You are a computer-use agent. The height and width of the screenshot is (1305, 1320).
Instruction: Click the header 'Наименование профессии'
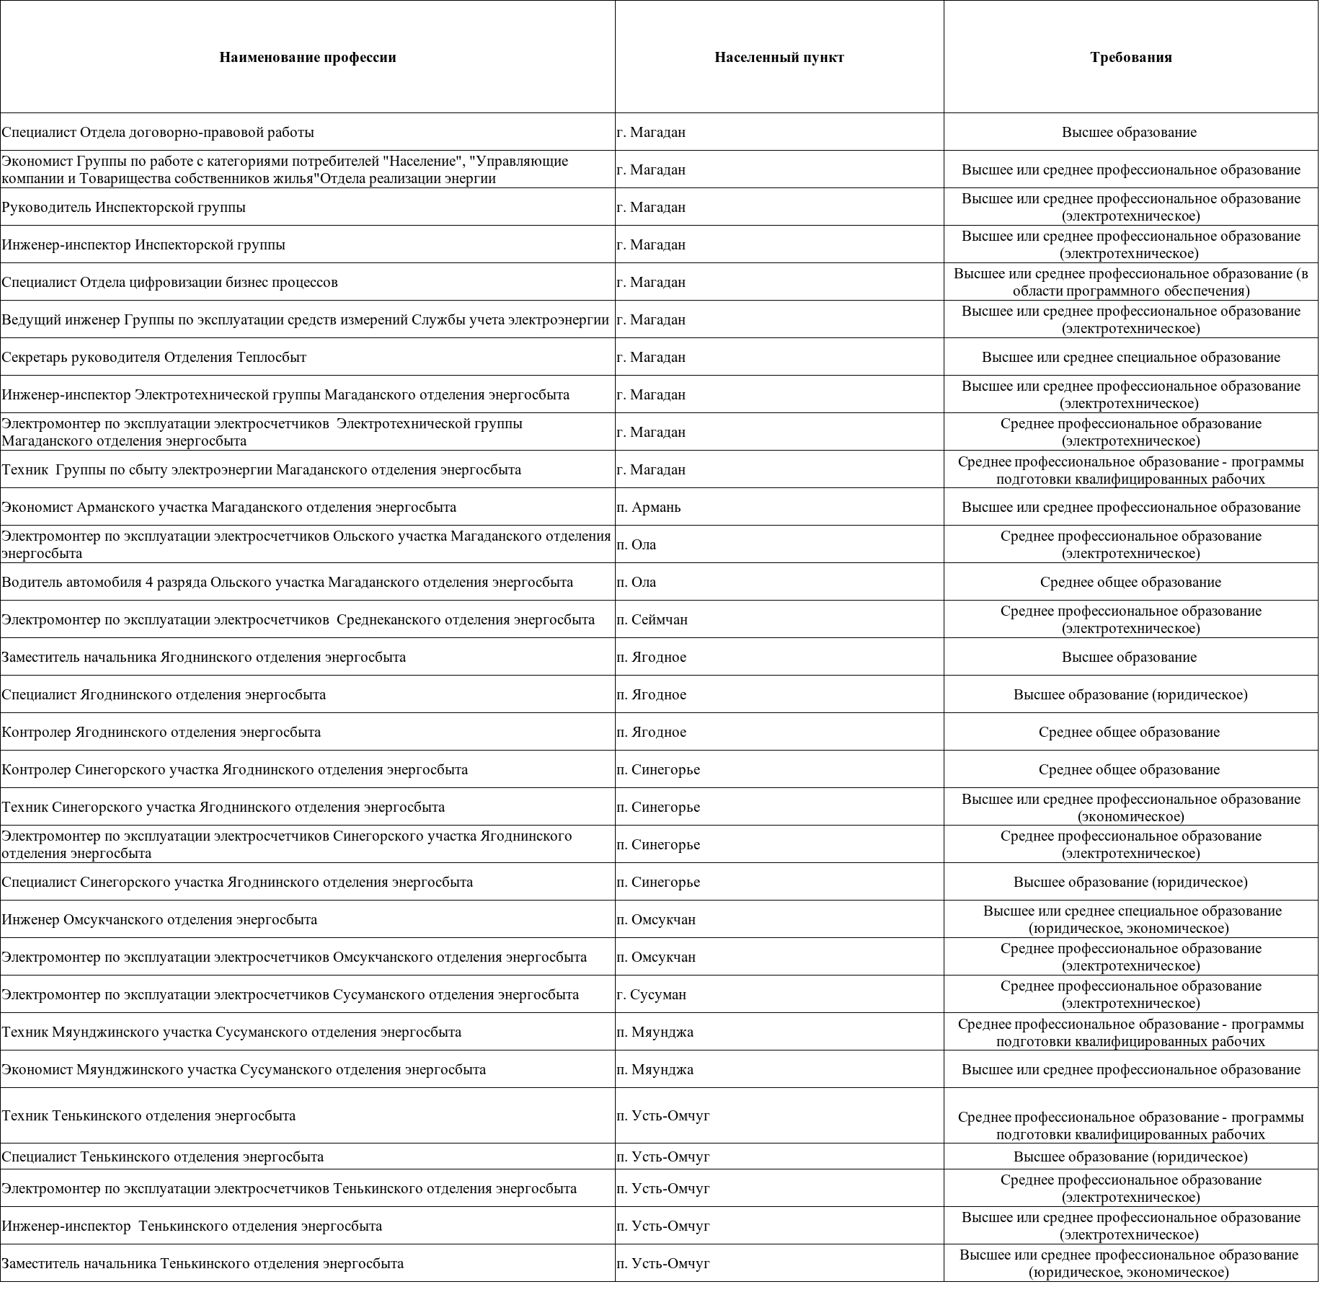tap(308, 58)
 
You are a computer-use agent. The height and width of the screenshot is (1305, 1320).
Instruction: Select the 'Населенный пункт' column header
tap(779, 58)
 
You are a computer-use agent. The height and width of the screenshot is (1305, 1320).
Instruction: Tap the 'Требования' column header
tap(1130, 58)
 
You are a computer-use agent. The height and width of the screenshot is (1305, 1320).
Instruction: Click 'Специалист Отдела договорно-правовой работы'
tap(158, 133)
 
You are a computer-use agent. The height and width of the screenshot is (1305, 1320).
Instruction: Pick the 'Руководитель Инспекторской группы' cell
tap(123, 208)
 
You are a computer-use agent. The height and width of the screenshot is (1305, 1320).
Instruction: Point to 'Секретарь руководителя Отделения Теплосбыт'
tap(154, 358)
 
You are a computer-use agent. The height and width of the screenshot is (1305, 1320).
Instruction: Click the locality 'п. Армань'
tap(648, 508)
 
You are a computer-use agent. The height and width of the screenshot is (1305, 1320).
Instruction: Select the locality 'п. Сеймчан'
tap(652, 620)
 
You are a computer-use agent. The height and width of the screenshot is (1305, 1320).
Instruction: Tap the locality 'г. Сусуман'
tap(651, 995)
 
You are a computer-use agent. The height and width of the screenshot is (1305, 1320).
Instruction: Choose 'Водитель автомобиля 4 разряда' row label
tap(287, 583)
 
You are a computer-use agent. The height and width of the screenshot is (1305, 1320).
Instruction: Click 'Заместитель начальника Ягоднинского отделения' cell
tap(203, 658)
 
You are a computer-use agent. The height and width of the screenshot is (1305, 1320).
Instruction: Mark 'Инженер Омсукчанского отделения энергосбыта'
tap(159, 920)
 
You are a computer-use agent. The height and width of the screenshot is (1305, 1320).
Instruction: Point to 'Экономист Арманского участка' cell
tap(229, 508)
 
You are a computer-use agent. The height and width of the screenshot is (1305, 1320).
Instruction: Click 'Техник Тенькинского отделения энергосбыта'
tap(149, 1116)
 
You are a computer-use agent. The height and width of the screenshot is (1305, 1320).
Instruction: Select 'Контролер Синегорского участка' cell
tap(234, 770)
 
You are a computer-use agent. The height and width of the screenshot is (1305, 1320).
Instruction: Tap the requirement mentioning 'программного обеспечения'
tap(1130, 283)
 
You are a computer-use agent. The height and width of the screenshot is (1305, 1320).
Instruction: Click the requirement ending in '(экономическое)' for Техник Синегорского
tap(1130, 808)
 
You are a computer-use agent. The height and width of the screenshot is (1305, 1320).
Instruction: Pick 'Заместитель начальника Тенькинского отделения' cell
tap(203, 1263)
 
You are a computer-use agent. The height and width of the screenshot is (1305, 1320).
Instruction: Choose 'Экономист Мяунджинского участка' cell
tap(244, 1070)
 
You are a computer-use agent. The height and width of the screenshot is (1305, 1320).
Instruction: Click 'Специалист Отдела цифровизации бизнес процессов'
tap(169, 283)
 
